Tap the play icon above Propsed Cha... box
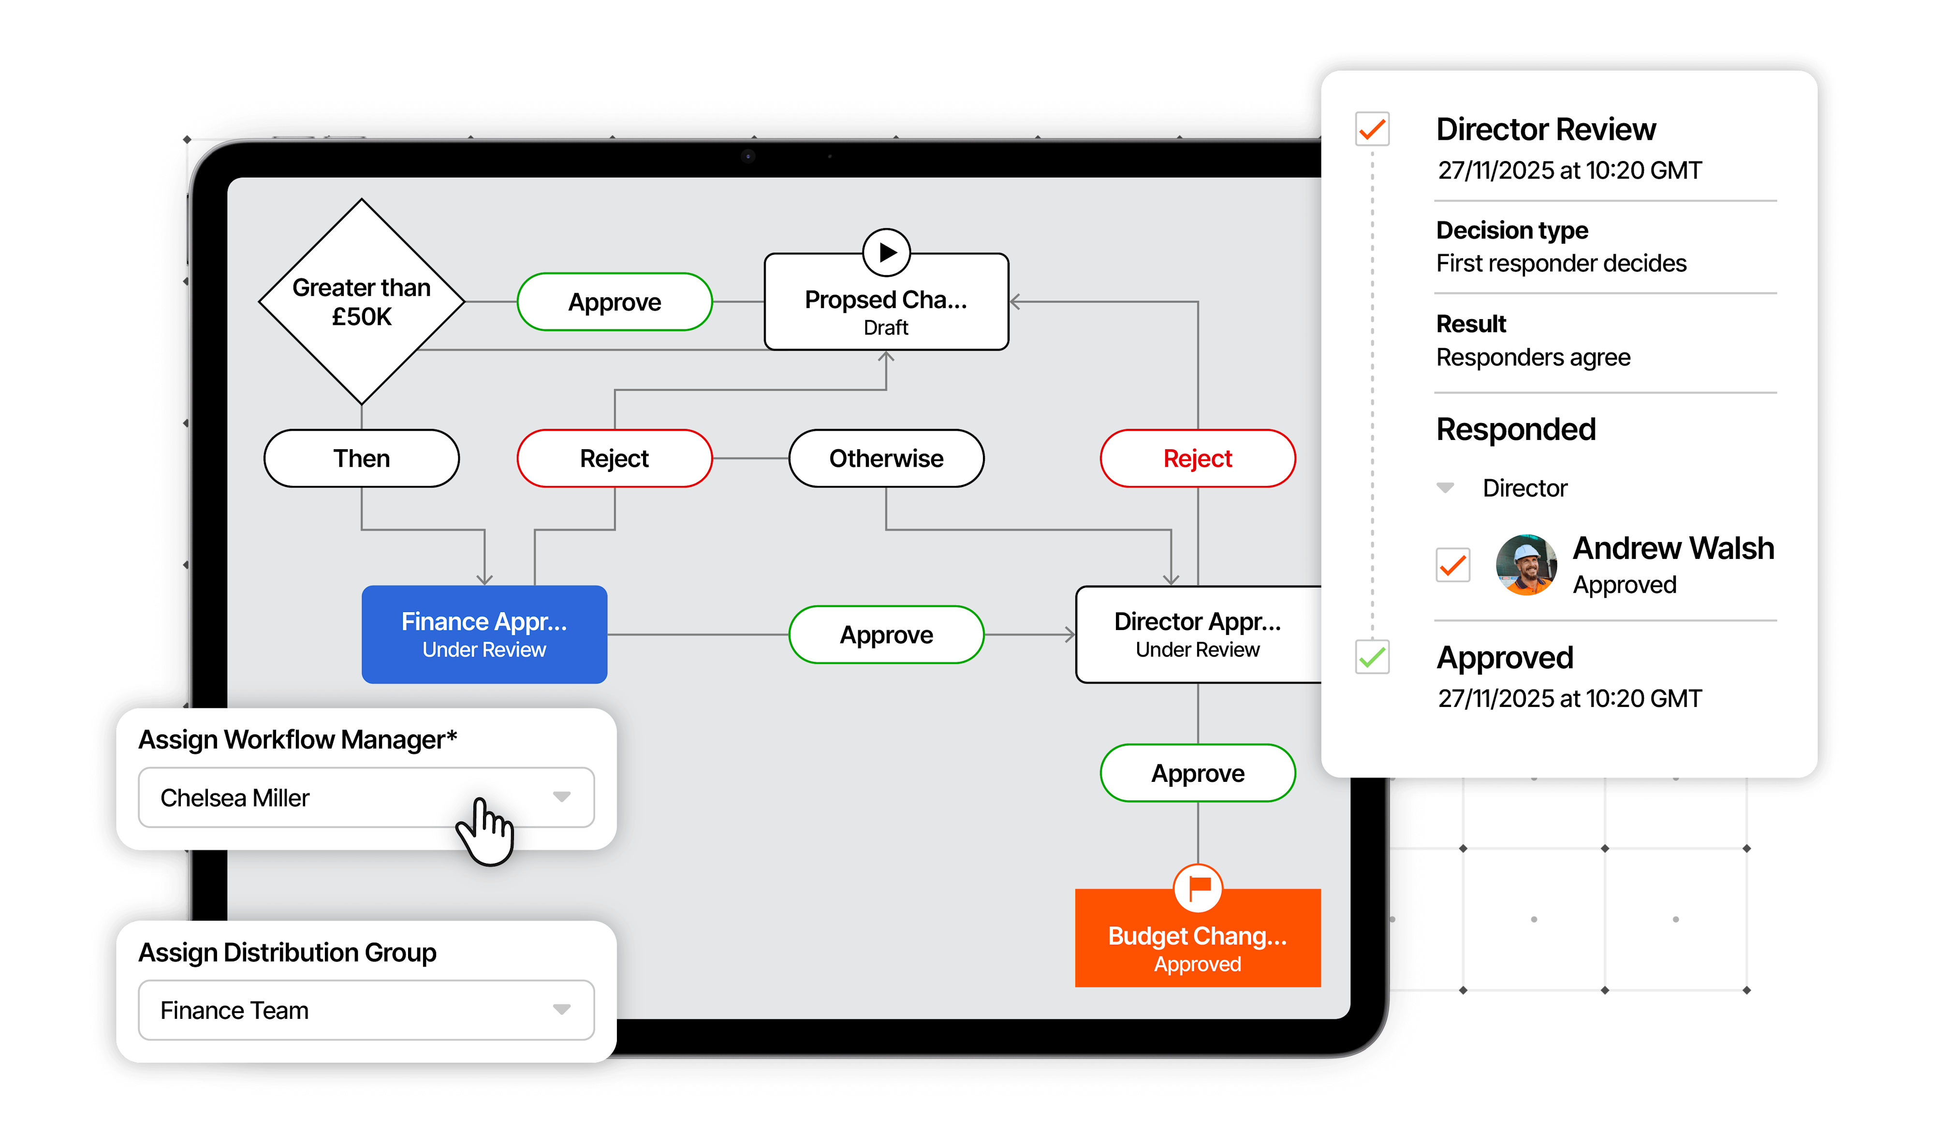point(886,252)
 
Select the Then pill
point(362,458)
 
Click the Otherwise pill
point(886,458)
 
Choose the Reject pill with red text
point(1197,458)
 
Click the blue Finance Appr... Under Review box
point(484,634)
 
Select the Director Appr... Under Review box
point(1197,634)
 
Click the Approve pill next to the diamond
point(614,302)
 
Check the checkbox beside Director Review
point(1372,129)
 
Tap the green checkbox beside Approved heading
point(1372,657)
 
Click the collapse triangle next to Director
point(1445,487)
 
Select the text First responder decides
point(1561,264)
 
